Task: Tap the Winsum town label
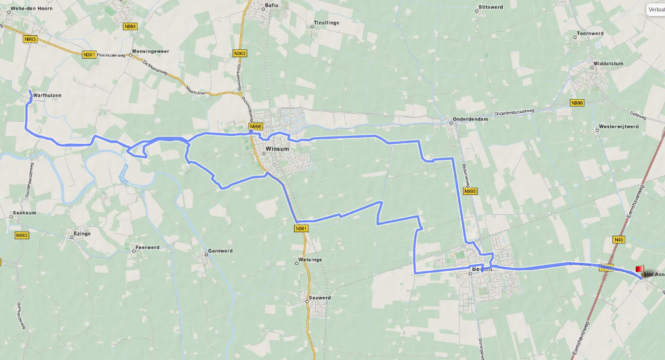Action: coord(277,149)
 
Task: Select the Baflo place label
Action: coord(271,5)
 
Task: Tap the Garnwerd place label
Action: coord(220,251)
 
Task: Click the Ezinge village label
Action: coord(82,234)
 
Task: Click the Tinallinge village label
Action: coord(326,23)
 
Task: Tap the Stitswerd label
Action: coord(492,8)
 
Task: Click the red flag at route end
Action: coord(640,270)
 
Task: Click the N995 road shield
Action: coord(470,191)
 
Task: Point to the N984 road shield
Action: coord(130,27)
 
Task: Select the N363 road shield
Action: coord(240,53)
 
